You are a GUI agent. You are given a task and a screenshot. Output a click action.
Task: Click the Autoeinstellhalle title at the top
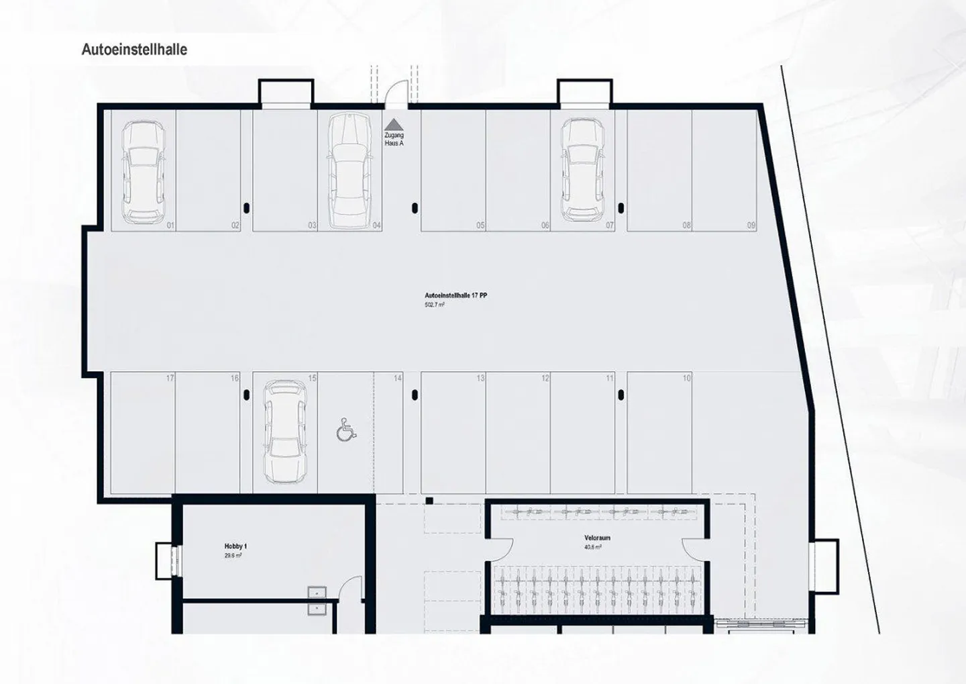coord(134,50)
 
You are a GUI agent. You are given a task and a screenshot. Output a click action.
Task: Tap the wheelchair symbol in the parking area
coord(346,430)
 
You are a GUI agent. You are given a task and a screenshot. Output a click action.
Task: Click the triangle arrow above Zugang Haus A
coord(393,124)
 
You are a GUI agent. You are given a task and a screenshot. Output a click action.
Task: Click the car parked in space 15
coord(284,432)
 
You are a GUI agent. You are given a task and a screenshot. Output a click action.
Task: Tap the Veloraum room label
coord(596,538)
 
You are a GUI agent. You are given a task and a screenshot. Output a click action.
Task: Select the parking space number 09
coord(751,226)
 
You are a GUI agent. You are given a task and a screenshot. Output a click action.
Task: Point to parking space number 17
coord(170,379)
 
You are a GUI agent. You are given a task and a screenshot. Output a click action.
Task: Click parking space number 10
coord(686,379)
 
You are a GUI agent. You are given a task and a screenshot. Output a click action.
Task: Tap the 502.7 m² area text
coord(433,305)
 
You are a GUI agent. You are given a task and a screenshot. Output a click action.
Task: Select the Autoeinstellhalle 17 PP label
coord(455,295)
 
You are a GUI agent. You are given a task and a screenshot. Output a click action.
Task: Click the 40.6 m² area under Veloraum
coord(593,547)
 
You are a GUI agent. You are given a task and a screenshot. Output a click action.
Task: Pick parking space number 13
coord(480,379)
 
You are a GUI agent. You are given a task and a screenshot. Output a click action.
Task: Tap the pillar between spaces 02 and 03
coord(247,207)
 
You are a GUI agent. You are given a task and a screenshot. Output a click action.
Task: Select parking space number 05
coord(480,226)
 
